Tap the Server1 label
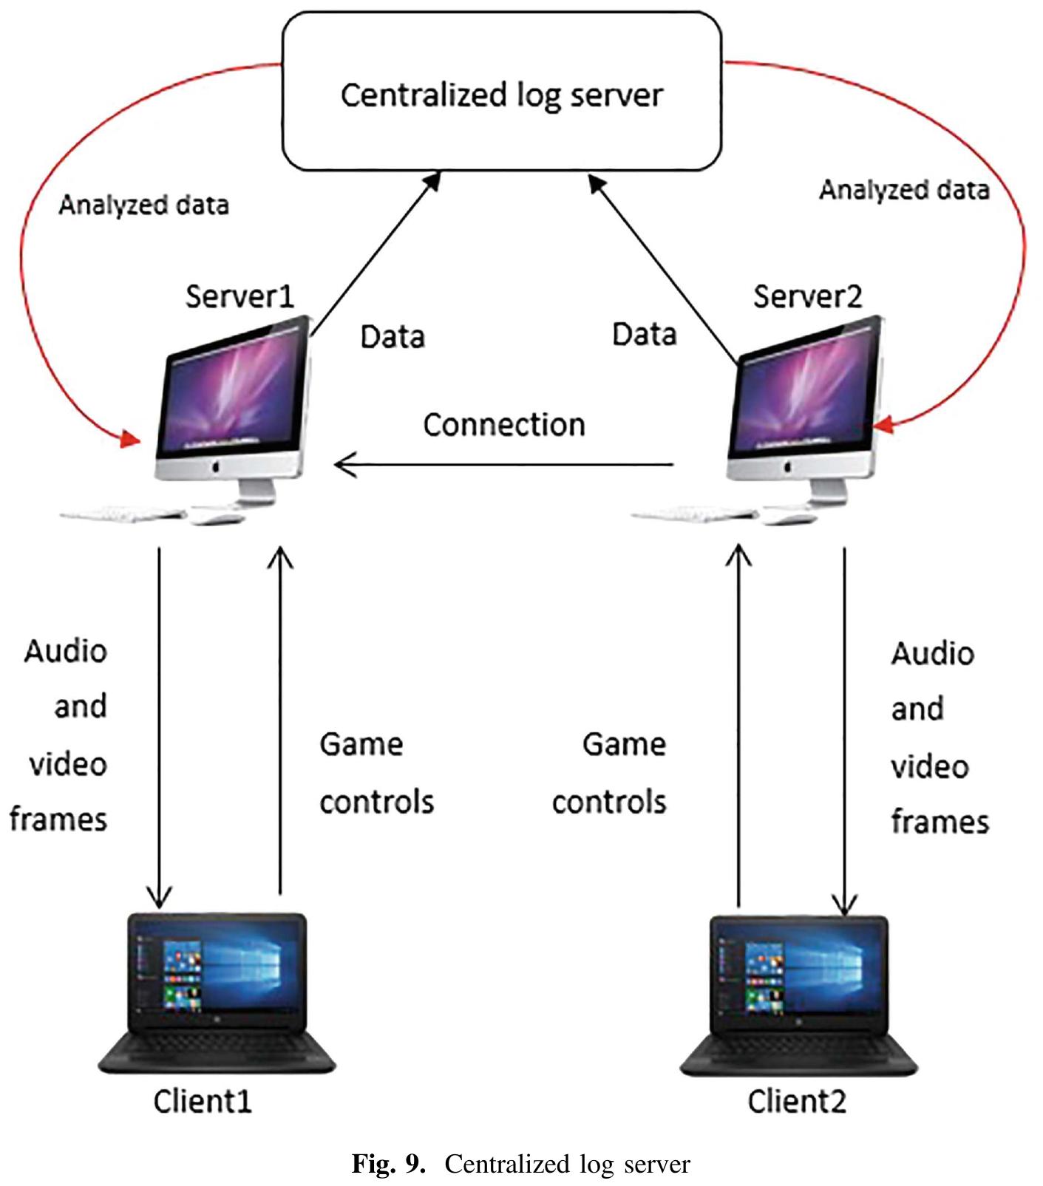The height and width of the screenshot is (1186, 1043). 239,296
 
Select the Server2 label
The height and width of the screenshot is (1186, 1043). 807,296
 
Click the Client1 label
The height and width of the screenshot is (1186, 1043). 203,1101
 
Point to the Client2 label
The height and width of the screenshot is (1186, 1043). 796,1101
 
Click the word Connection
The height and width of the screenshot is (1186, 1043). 503,425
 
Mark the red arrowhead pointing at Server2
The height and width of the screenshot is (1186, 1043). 884,426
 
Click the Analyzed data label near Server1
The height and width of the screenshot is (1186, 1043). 143,205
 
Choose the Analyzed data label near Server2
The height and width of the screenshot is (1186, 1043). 903,190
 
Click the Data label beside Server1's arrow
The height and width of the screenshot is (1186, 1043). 392,337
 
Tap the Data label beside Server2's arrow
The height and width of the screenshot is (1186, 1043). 644,335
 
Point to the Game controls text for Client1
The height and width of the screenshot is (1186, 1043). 376,773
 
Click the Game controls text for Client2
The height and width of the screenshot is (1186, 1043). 610,773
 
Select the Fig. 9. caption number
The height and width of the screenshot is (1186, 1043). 388,1164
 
